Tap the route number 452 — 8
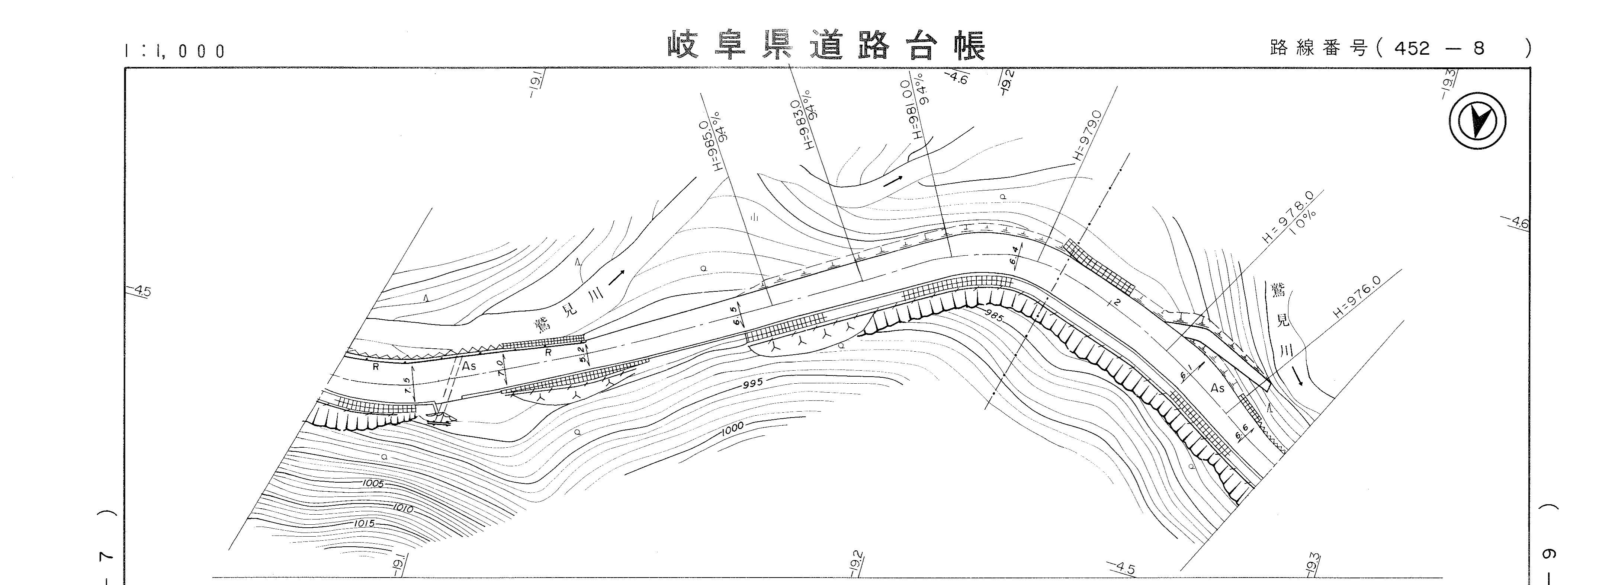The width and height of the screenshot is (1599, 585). point(1438,48)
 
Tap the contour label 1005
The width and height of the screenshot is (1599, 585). point(372,483)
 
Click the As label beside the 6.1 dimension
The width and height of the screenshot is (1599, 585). point(1217,388)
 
